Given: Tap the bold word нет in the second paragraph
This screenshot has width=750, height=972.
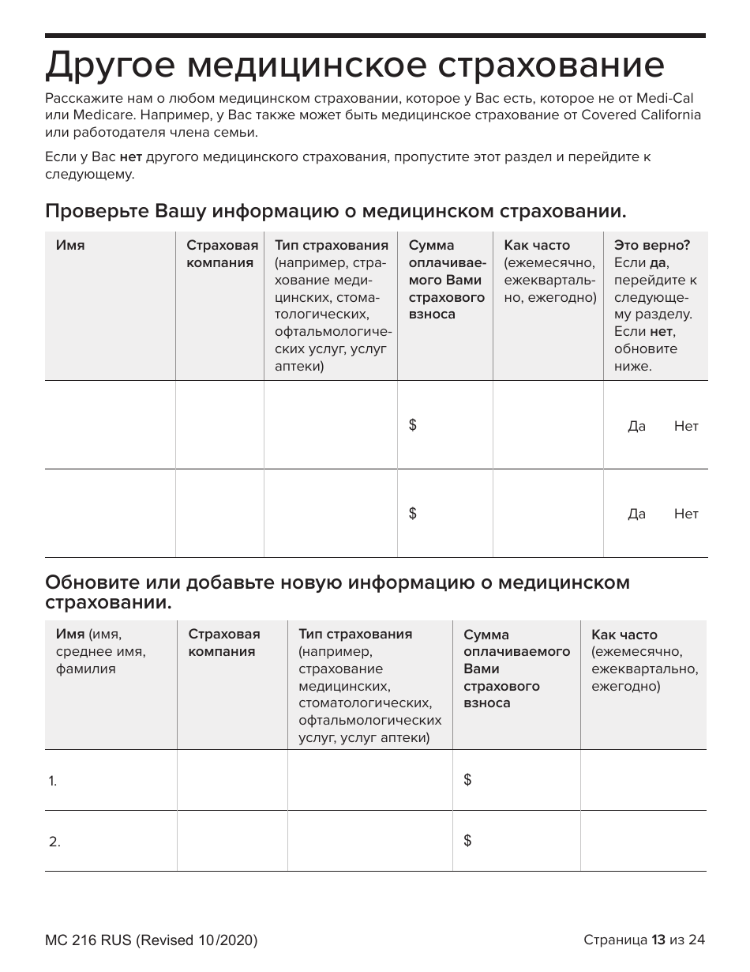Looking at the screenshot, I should click(130, 156).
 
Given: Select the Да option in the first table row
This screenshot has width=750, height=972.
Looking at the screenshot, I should click(636, 427).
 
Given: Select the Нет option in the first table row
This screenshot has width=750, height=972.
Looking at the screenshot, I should click(686, 427).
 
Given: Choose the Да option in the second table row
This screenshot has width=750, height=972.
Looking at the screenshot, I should click(636, 514).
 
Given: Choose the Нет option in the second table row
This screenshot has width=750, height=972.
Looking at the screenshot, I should click(686, 514).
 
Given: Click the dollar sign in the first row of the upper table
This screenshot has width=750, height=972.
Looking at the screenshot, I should click(413, 425).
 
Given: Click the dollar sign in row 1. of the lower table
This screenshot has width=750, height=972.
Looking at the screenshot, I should click(468, 780).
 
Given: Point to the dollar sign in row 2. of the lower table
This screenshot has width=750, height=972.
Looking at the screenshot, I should click(468, 841).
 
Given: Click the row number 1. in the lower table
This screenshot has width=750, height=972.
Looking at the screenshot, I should click(53, 782).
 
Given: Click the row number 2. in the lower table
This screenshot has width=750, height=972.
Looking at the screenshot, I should click(54, 842).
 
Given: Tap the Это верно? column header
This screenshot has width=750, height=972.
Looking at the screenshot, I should click(652, 246).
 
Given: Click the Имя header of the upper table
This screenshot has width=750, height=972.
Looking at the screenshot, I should click(70, 246).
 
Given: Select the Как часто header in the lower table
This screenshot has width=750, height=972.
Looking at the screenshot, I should click(624, 635).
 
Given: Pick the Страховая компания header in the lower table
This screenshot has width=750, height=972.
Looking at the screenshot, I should click(223, 642).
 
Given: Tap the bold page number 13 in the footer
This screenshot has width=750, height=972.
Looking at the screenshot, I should click(658, 940).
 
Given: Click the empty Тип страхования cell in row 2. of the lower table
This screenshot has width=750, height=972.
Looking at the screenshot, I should click(369, 841).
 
